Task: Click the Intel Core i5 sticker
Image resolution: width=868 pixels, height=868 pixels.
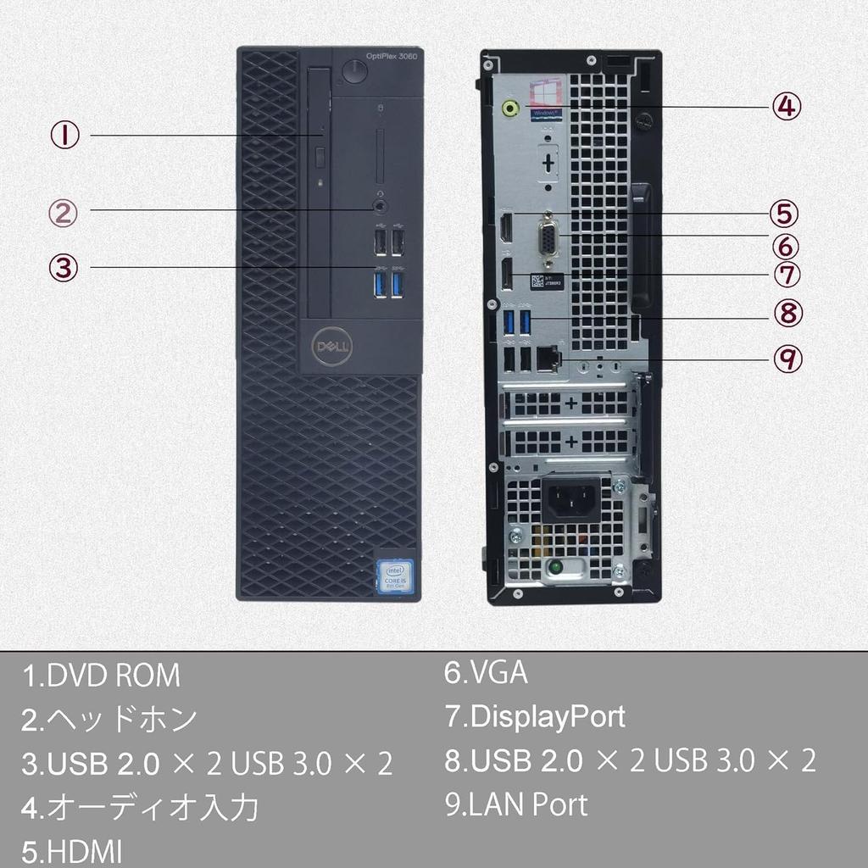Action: (x=394, y=576)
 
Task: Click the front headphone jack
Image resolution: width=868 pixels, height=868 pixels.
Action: (x=381, y=205)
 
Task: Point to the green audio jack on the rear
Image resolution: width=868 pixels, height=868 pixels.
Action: (x=510, y=108)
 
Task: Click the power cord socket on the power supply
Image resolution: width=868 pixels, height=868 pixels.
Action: (x=567, y=500)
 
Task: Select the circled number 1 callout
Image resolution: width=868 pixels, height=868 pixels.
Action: (x=64, y=135)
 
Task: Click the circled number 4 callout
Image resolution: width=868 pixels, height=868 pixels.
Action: (x=786, y=106)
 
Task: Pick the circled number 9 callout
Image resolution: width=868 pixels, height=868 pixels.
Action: (x=787, y=359)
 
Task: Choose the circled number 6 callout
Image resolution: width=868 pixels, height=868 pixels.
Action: (x=786, y=245)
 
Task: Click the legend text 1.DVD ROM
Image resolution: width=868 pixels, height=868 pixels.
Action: (x=101, y=676)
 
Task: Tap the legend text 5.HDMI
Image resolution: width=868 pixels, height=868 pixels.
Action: (x=72, y=850)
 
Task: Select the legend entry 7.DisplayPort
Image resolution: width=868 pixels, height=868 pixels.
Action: (x=535, y=716)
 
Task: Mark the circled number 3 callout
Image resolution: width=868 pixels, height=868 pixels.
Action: (x=63, y=267)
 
